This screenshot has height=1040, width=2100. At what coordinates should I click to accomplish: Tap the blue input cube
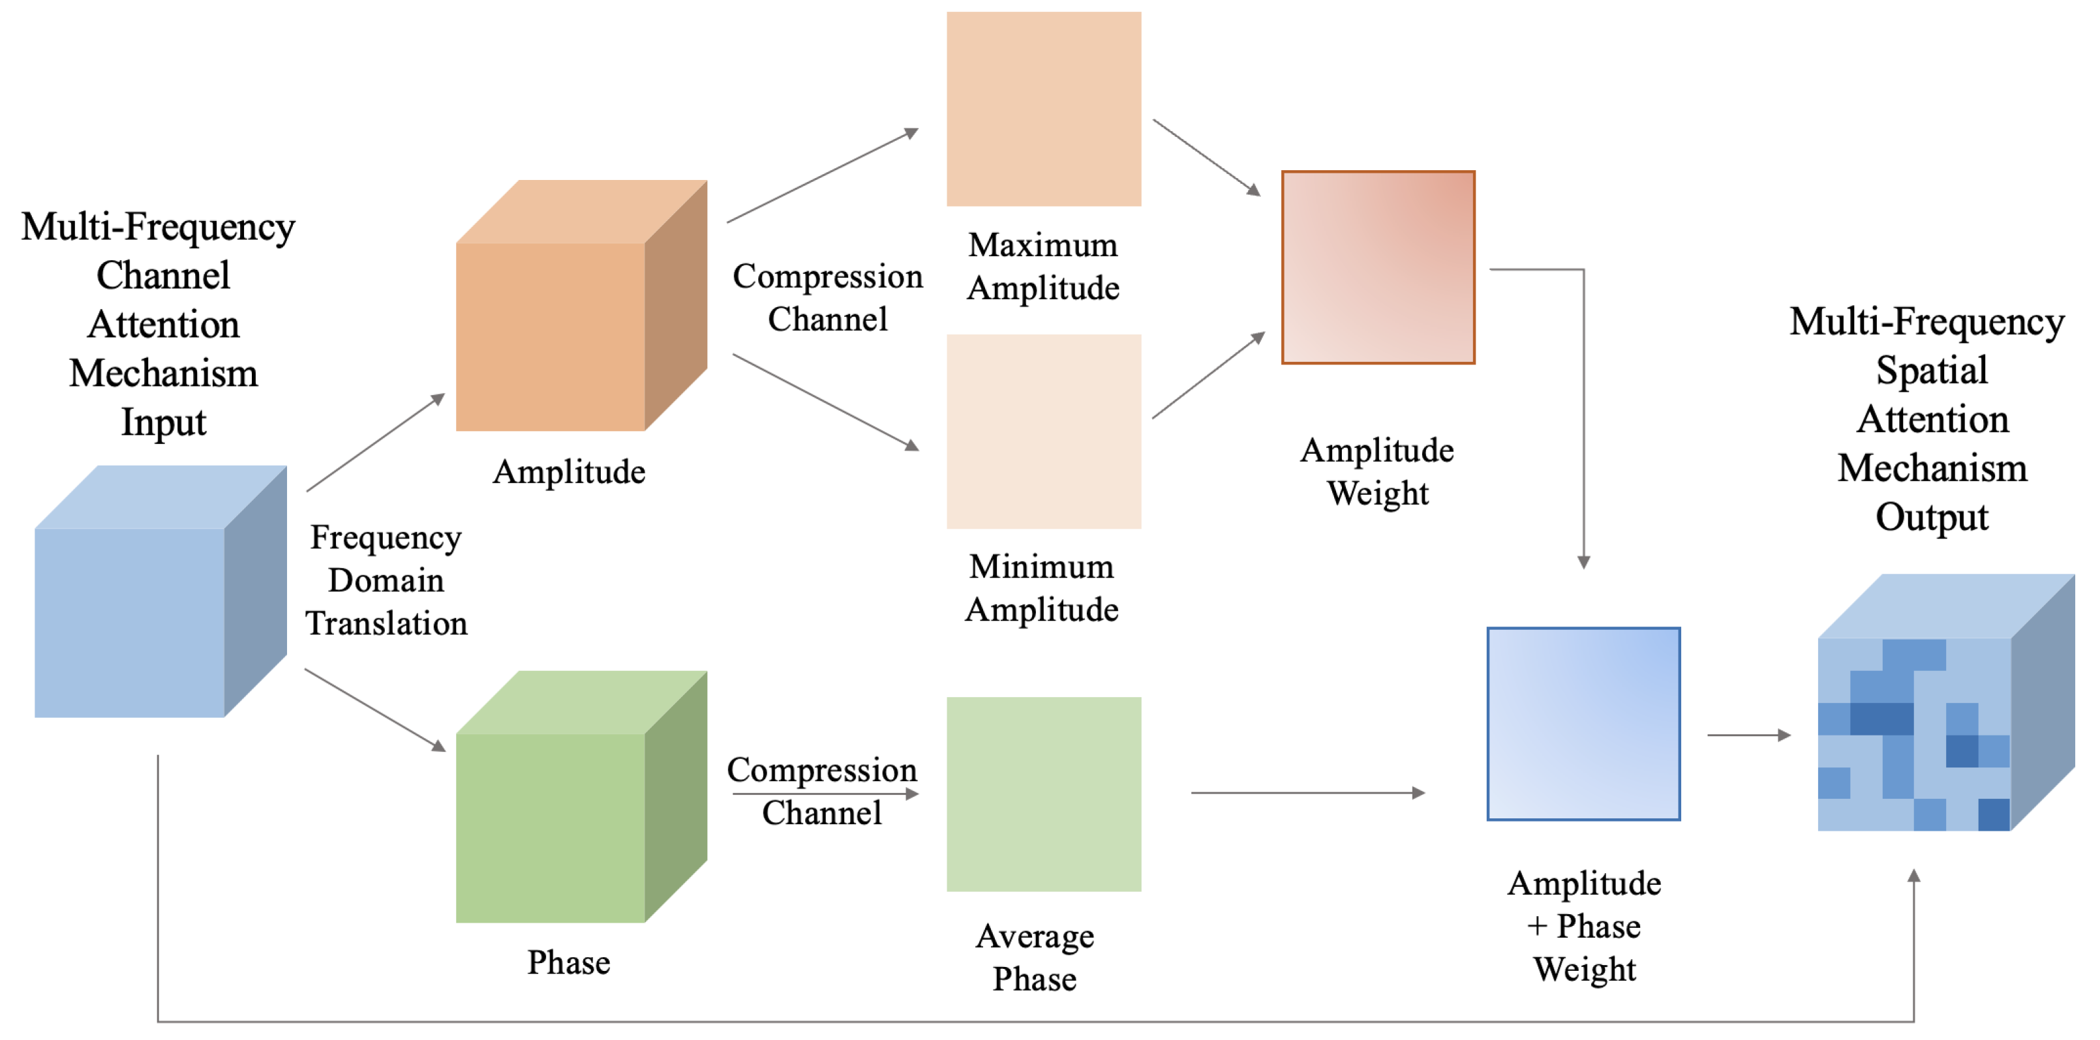[x=147, y=603]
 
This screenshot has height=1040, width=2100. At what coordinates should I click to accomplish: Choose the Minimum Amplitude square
[x=1044, y=431]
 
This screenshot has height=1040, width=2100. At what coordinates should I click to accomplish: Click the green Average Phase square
[x=1044, y=794]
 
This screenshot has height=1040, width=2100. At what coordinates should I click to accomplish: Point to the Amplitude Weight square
[x=1378, y=267]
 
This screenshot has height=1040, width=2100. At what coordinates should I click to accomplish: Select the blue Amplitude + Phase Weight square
[x=1583, y=724]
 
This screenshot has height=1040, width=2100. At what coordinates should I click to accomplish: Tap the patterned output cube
[x=1932, y=717]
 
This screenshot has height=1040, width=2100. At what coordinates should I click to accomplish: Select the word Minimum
[x=1041, y=567]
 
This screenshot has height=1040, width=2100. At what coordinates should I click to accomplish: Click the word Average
[x=1035, y=938]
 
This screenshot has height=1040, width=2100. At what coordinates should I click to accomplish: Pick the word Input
[x=163, y=423]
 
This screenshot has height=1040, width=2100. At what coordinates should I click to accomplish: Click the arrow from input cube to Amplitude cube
[x=375, y=443]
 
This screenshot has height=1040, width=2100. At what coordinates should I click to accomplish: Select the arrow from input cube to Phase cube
[x=375, y=710]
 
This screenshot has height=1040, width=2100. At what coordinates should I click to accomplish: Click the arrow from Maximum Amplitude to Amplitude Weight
[x=1206, y=157]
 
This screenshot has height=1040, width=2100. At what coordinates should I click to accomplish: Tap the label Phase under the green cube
[x=568, y=962]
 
